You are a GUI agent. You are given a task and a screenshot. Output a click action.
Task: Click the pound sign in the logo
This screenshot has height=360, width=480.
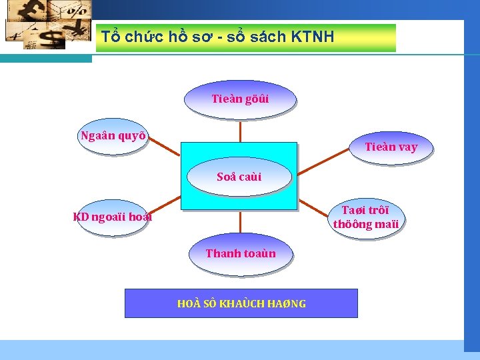click(x=32, y=9)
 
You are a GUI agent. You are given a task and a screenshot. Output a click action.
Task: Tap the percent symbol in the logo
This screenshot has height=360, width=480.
click(x=78, y=10)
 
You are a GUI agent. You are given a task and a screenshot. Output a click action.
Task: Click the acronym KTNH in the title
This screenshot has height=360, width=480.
click(x=313, y=37)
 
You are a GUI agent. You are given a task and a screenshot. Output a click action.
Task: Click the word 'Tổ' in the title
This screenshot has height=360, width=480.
click(x=109, y=37)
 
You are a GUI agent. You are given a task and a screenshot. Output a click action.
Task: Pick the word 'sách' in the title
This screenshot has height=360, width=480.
click(x=270, y=37)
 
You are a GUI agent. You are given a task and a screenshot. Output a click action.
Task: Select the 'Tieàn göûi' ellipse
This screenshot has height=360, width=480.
click(x=240, y=99)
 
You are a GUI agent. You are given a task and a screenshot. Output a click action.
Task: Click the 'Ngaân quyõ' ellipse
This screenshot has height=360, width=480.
click(x=113, y=137)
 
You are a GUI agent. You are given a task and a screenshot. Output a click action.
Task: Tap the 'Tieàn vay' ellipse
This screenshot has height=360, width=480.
click(x=391, y=147)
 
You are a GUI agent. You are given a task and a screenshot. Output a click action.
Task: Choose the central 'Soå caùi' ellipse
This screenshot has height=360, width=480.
click(x=239, y=177)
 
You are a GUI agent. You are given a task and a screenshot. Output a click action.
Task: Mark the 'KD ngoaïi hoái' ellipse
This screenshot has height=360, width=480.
click(x=112, y=217)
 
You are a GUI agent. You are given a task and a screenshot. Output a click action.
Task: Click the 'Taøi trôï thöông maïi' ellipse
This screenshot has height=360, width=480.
click(x=366, y=217)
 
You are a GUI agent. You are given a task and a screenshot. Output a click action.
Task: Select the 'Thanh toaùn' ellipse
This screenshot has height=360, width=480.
click(x=240, y=254)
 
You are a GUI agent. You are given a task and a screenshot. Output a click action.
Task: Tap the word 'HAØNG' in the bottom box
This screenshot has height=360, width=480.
click(x=287, y=304)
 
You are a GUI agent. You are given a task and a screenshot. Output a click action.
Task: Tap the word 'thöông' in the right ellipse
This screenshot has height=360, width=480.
click(x=353, y=225)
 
